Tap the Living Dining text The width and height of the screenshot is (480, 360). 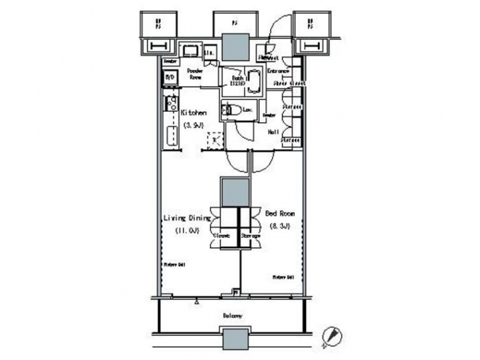tap(187, 218)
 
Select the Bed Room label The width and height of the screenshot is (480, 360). tap(280, 214)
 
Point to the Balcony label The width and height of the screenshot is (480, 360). tap(231, 315)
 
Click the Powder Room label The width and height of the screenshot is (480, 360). tap(195, 73)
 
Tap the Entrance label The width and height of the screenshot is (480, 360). tap(278, 71)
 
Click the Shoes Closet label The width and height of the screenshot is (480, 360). tap(289, 83)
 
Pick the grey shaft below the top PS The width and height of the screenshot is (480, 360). tap(235, 47)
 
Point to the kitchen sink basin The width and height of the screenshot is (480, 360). tap(170, 137)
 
